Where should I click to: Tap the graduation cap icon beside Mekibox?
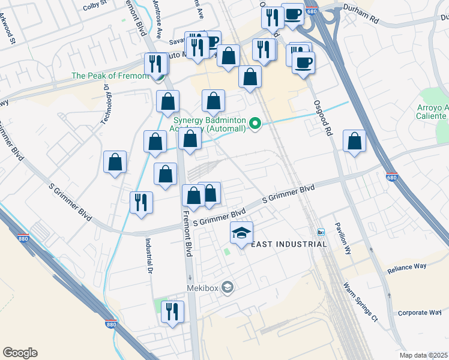pyautogui.click(x=227, y=288)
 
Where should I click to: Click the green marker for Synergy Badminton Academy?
pyautogui.click(x=255, y=124)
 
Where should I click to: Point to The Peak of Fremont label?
pyautogui.click(x=110, y=76)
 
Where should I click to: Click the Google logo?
pyautogui.click(x=20, y=353)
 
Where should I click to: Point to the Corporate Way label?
pyautogui.click(x=419, y=313)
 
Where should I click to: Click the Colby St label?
pyautogui.click(x=94, y=6)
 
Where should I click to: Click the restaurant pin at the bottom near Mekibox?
pyautogui.click(x=172, y=312)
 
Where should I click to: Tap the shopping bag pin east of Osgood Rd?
pyautogui.click(x=355, y=142)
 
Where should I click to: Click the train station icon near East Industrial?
pyautogui.click(x=321, y=232)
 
